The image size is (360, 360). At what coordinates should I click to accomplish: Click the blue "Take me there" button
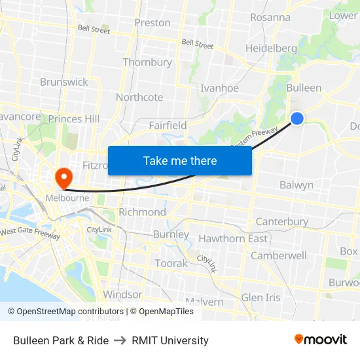[180, 160]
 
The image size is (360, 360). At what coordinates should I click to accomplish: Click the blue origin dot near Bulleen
[297, 118]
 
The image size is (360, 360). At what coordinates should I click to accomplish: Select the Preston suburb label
[153, 23]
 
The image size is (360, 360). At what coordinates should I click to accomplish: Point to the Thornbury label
[147, 63]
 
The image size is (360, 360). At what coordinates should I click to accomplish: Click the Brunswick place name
[63, 82]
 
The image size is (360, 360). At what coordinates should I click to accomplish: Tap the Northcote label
[139, 98]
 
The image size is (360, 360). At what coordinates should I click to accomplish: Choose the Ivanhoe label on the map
[219, 88]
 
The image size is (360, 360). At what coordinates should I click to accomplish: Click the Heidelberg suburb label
[271, 48]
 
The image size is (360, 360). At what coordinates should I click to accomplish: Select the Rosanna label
[270, 17]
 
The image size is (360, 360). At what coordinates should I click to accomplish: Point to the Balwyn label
[297, 185]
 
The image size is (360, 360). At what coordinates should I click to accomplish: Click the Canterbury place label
[282, 222]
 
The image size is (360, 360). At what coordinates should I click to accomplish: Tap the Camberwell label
[279, 256]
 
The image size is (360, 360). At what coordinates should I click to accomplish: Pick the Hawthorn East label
[233, 239]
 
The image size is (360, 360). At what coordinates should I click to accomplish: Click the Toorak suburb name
[171, 263]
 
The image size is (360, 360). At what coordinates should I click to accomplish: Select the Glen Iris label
[261, 298]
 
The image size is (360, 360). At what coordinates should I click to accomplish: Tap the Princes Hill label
[74, 119]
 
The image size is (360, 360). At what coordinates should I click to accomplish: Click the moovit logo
[321, 339]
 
